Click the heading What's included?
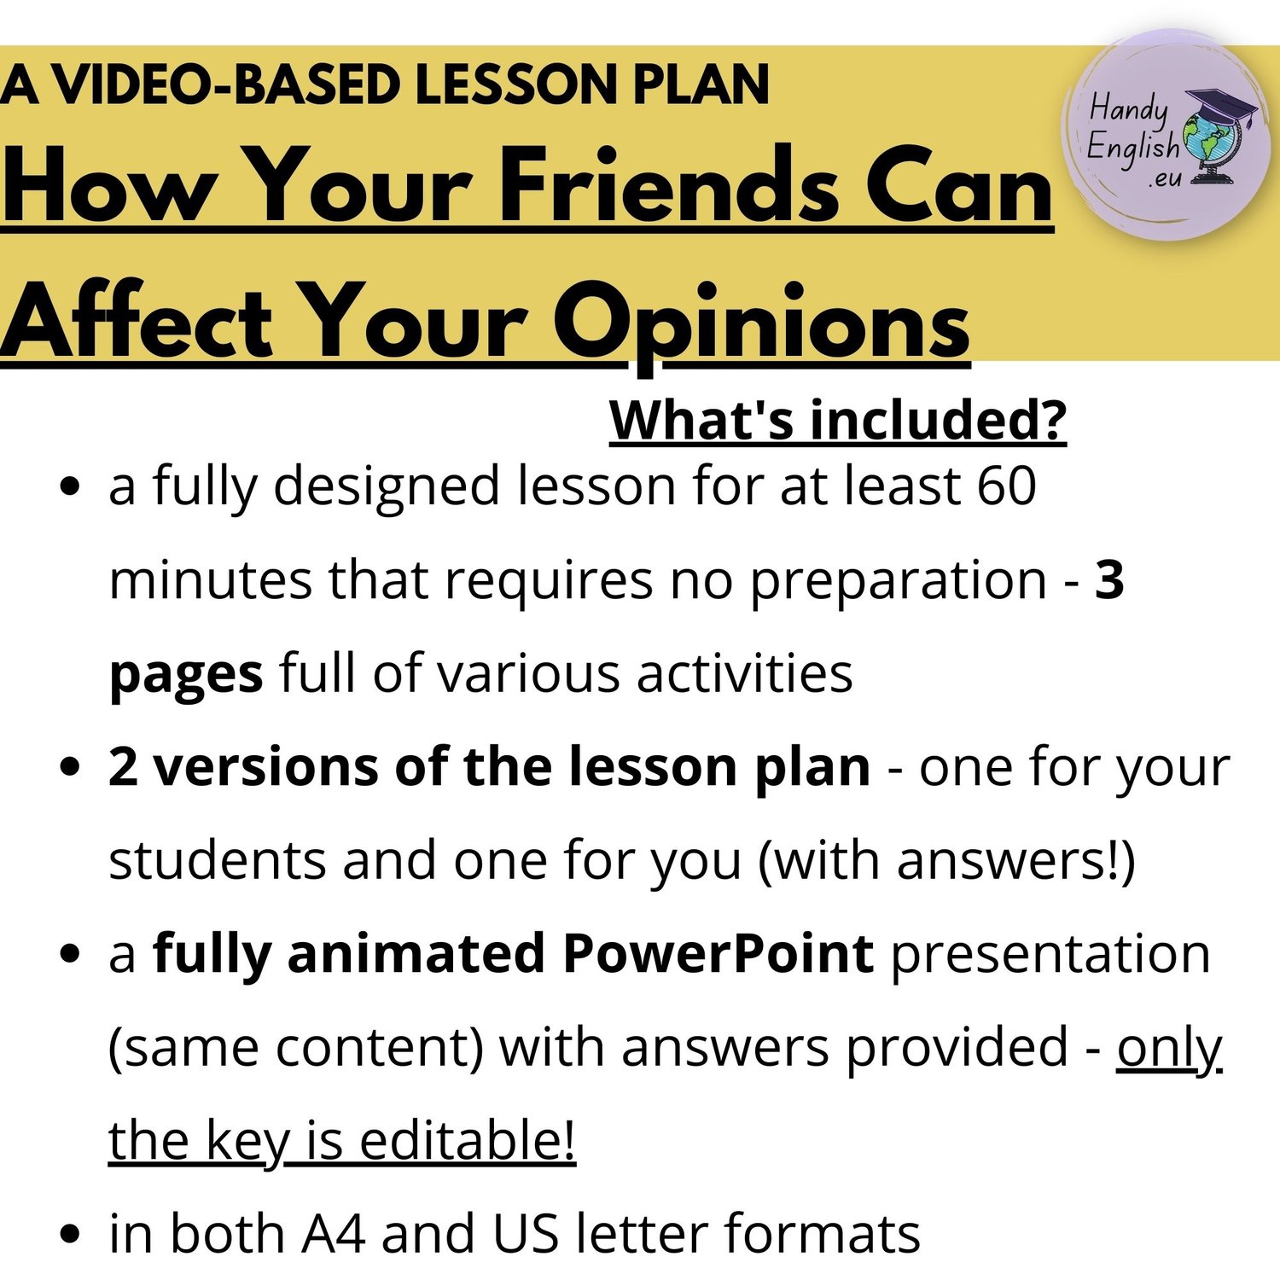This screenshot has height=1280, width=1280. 838,420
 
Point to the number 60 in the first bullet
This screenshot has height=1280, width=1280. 1007,486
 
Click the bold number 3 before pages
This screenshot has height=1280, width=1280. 1109,579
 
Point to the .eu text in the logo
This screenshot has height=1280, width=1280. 1165,179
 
